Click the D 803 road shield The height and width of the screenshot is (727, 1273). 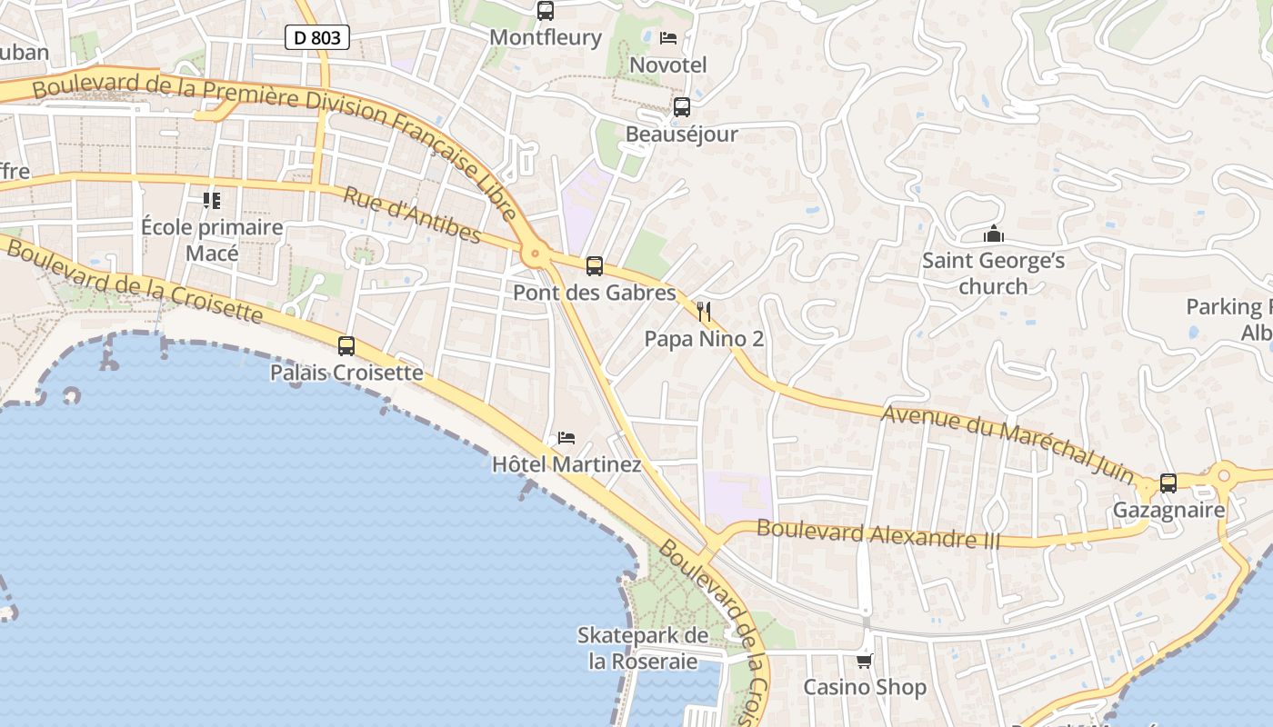pyautogui.click(x=316, y=37)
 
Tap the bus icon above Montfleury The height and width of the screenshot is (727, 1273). pyautogui.click(x=546, y=11)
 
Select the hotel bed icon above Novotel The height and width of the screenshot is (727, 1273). pyautogui.click(x=668, y=38)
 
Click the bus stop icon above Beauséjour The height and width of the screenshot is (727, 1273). pyautogui.click(x=682, y=107)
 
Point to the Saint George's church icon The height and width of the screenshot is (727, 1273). pyautogui.click(x=994, y=234)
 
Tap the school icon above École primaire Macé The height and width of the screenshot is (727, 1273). pyautogui.click(x=212, y=200)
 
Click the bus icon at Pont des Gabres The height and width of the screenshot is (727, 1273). pyautogui.click(x=595, y=266)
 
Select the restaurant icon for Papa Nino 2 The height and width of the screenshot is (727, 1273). pyautogui.click(x=703, y=313)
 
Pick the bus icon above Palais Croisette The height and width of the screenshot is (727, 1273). pyautogui.click(x=346, y=346)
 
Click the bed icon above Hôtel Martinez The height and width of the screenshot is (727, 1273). pyautogui.click(x=566, y=438)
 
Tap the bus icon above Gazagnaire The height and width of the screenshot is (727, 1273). pyautogui.click(x=1168, y=483)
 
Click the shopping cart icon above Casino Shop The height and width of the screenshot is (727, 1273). pyautogui.click(x=864, y=661)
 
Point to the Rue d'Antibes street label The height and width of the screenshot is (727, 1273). pyautogui.click(x=412, y=215)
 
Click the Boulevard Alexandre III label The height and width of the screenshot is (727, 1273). pyautogui.click(x=877, y=533)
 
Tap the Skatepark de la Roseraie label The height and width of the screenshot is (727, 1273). pyautogui.click(x=643, y=648)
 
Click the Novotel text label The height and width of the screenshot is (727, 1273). pyautogui.click(x=668, y=65)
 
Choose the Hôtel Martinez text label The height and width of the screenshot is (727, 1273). pyautogui.click(x=566, y=465)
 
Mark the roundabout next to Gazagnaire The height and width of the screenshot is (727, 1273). pyautogui.click(x=1224, y=474)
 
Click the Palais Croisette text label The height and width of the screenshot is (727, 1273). pyautogui.click(x=346, y=373)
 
